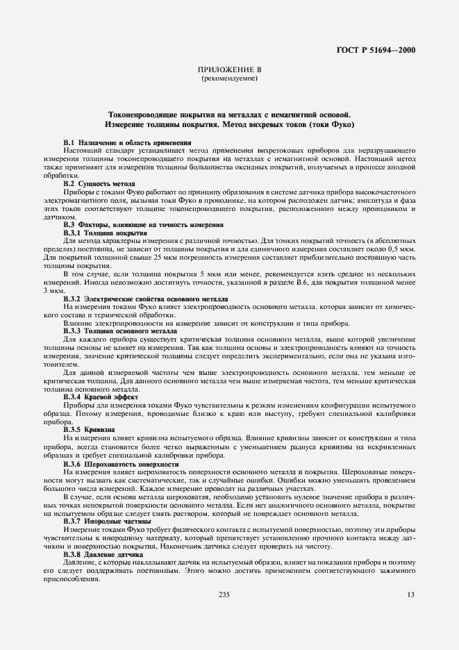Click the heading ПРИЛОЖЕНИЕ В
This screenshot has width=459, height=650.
point(229,70)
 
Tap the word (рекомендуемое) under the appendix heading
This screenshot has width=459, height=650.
point(229,78)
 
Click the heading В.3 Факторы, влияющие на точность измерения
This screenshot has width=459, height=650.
point(143,224)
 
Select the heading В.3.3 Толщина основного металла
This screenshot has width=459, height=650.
point(120,331)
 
